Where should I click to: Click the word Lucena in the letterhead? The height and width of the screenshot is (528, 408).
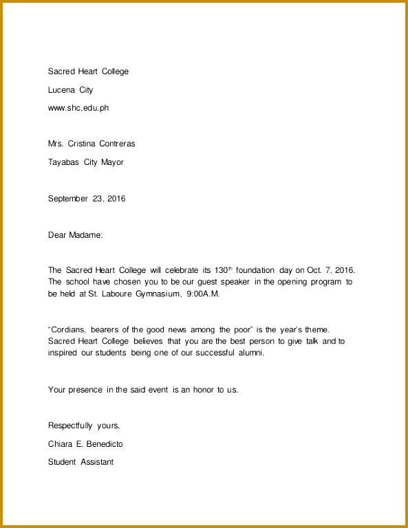click(62, 90)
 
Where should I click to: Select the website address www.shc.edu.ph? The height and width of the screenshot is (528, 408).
click(78, 108)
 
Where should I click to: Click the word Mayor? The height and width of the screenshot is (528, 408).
click(112, 162)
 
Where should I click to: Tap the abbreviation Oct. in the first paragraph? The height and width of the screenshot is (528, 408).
click(314, 271)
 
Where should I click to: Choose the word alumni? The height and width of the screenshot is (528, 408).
click(250, 353)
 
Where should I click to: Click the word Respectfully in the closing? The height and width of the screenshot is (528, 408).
click(72, 426)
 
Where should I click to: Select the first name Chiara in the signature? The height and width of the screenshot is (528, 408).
click(60, 444)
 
